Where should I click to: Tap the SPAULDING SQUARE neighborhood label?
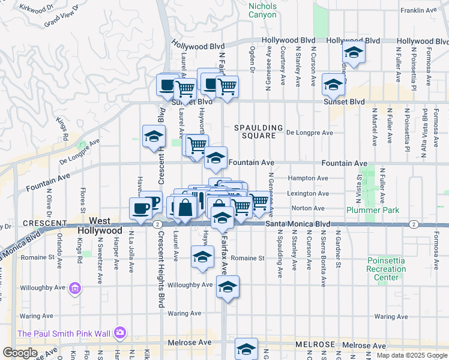pyautogui.click(x=258, y=131)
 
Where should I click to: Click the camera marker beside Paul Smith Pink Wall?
pyautogui.click(x=120, y=332)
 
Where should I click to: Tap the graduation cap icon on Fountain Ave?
pyautogui.click(x=215, y=159)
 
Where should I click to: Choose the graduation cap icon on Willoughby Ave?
pyautogui.click(x=228, y=288)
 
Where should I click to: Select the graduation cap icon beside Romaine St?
pyautogui.click(x=203, y=257)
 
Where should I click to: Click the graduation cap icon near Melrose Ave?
pyautogui.click(x=246, y=349)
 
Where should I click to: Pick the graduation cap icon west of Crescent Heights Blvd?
pyautogui.click(x=154, y=137)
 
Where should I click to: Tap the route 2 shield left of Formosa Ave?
pyautogui.click(x=414, y=224)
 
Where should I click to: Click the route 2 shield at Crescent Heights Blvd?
pyautogui.click(x=155, y=224)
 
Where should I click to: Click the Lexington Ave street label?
pyautogui.click(x=308, y=194)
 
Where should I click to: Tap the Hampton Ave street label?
pyautogui.click(x=308, y=178)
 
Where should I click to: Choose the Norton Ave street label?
pyautogui.click(x=304, y=208)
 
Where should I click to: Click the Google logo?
pyautogui.click(x=20, y=353)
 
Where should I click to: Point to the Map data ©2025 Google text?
pyautogui.click(x=412, y=355)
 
